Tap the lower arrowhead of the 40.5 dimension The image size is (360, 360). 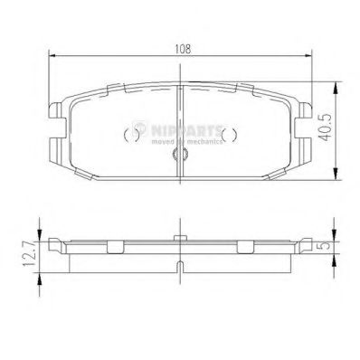(x=336, y=177)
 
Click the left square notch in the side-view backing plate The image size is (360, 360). (x=115, y=246)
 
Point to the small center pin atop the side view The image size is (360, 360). (x=180, y=236)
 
